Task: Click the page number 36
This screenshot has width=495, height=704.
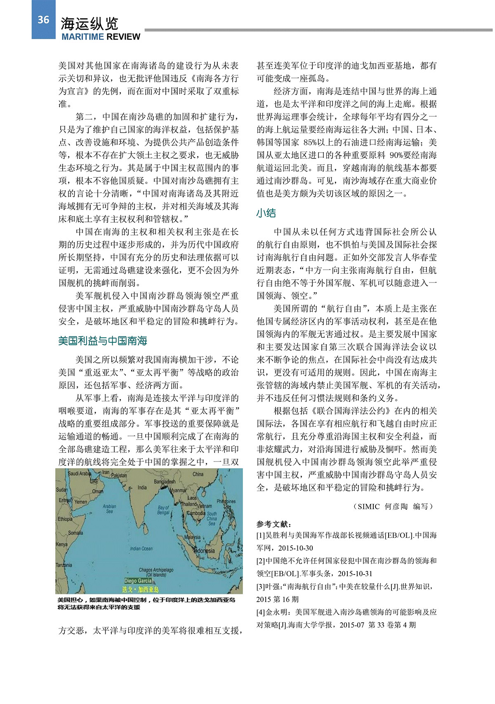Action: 43,20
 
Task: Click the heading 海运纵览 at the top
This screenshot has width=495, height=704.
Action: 90,24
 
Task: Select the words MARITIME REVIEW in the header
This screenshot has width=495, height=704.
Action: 101,37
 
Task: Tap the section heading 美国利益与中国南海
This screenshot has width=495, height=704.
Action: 103,341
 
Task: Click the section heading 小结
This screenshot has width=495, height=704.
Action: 266,213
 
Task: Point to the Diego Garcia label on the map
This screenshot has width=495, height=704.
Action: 138,581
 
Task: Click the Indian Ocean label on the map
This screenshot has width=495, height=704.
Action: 141,549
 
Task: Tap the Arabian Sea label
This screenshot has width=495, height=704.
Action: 109,509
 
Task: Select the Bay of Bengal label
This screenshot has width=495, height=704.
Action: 163,510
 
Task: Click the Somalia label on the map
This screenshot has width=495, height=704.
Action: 75,533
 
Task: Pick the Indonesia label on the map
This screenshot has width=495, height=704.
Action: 204,551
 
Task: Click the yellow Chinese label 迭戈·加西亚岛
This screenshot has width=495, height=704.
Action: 140,589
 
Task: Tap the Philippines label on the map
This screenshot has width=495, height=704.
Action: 226,502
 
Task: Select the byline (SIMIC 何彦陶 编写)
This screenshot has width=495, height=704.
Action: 394,506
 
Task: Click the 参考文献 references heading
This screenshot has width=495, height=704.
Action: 274,524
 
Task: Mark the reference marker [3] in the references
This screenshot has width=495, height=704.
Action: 260,586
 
